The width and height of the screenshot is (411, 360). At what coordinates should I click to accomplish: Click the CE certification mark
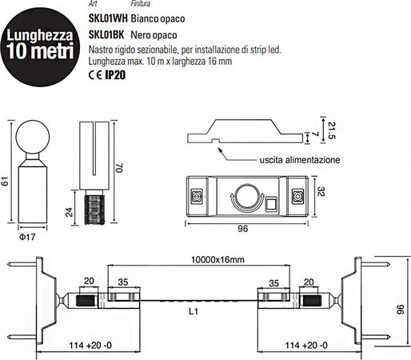(x=94, y=76)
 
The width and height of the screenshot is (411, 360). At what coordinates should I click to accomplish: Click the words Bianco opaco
(x=164, y=14)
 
